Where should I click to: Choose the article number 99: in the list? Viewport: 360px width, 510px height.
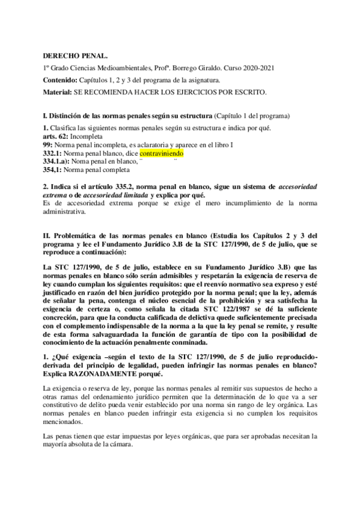point(49,145)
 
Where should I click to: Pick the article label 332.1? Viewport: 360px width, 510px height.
point(54,153)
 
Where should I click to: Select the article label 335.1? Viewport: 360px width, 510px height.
point(54,170)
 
